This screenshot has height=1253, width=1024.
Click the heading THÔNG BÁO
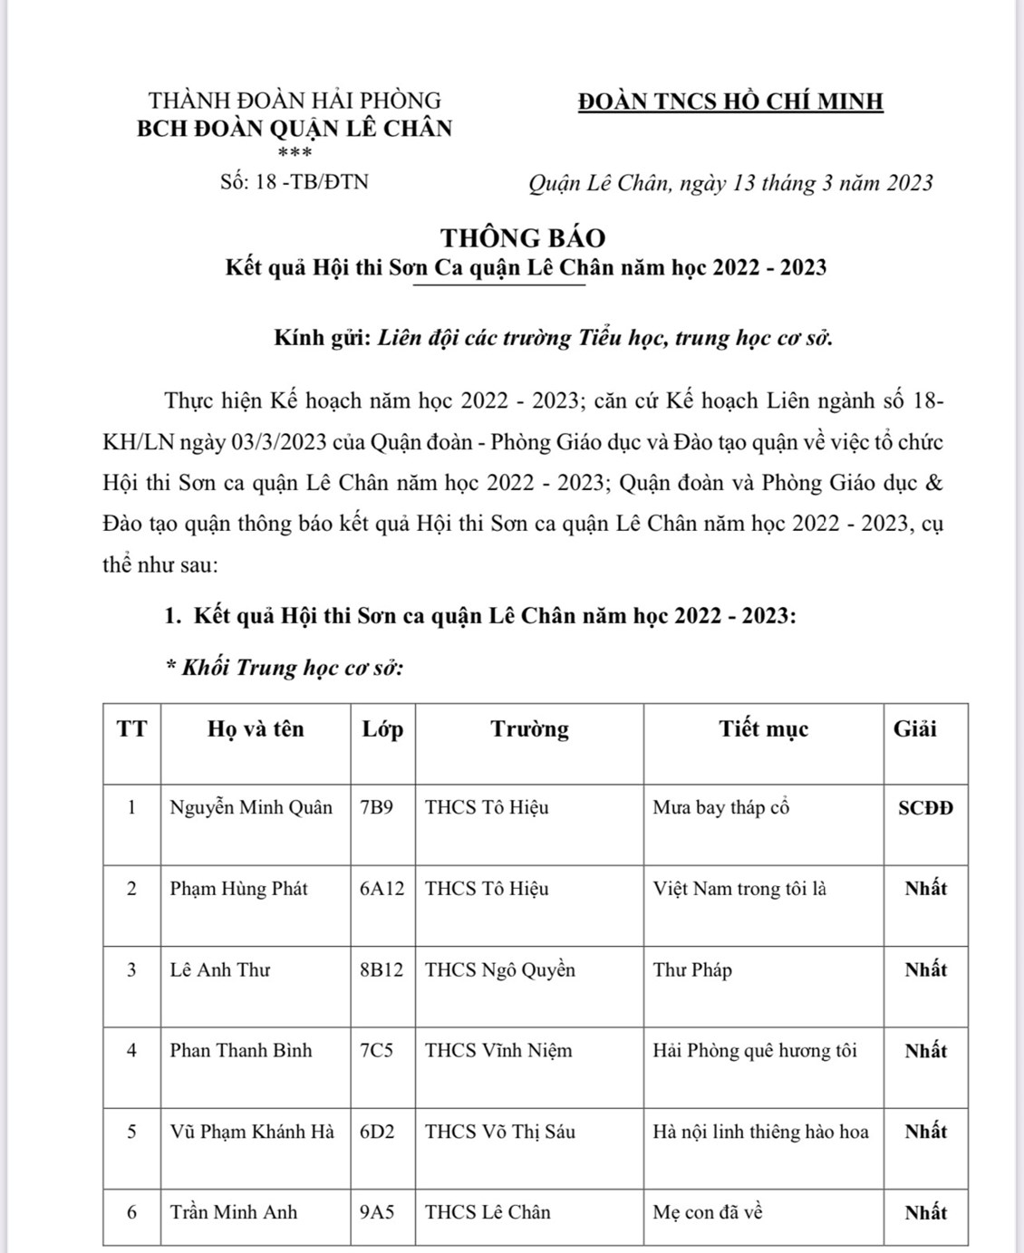coord(523,237)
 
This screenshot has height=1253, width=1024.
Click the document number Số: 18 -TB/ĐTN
coord(295,182)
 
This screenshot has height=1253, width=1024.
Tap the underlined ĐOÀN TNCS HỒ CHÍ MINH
coord(730,101)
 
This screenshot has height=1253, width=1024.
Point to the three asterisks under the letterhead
coord(295,153)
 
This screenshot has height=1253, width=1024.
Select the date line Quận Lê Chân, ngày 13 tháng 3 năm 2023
coord(730,184)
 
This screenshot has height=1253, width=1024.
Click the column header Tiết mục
coord(763,729)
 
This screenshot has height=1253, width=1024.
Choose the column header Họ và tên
coord(256,729)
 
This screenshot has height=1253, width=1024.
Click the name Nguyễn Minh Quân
coord(251,807)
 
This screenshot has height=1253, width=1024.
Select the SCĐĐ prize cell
coord(925,808)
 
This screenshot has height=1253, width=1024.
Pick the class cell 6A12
coord(382,889)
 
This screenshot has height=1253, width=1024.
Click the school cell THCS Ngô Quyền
coord(500,969)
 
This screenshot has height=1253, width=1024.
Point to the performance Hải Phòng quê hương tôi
coord(755,1051)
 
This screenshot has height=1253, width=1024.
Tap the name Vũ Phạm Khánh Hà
coord(252,1132)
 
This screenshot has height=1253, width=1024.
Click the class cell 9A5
coord(377,1212)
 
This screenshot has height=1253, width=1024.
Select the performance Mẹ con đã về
coord(708,1212)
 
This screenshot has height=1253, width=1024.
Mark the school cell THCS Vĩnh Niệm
coord(498,1051)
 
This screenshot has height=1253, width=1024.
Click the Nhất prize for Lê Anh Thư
coord(925,969)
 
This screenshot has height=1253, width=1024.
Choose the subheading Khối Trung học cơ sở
coord(285,668)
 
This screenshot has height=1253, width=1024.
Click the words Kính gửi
coord(322,339)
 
